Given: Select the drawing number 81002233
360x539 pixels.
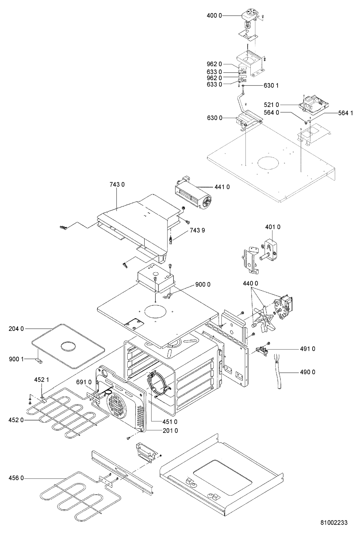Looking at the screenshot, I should click(334, 522).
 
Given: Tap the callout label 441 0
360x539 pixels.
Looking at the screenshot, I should click(222, 187).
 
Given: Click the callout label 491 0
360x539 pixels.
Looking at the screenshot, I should click(308, 349).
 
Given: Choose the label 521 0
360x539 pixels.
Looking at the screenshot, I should click(271, 105).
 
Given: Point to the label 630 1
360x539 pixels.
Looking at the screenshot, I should click(271, 85).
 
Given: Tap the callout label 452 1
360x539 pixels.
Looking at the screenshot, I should click(42, 380).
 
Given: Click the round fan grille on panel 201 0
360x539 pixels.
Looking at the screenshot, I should click(117, 407).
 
